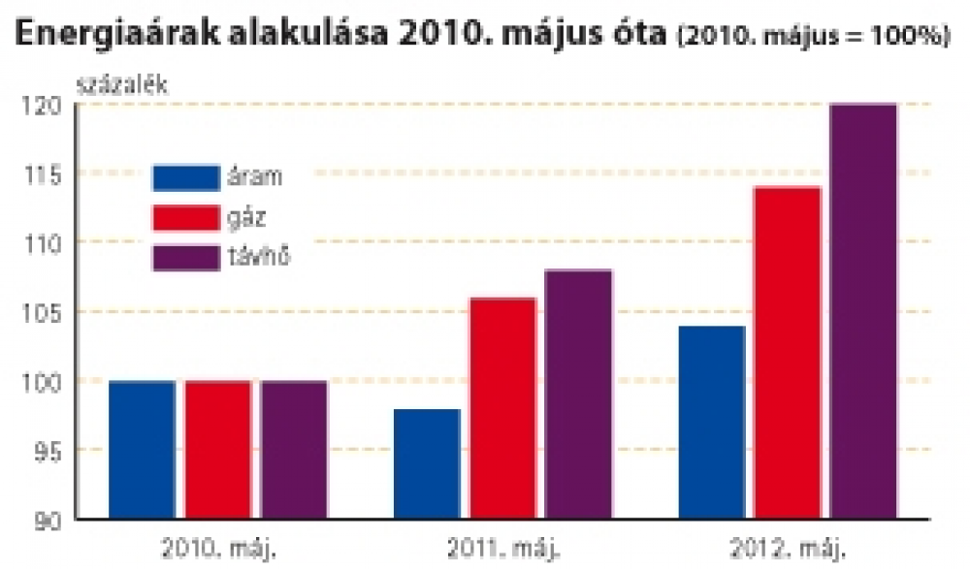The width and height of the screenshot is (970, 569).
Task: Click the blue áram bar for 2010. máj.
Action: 142,450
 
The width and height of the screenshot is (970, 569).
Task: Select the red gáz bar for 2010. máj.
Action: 218,450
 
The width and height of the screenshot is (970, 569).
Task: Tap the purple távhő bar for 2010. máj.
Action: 294,450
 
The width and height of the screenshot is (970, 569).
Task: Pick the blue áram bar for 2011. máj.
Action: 427,464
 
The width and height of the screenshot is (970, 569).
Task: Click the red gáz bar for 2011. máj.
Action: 502,408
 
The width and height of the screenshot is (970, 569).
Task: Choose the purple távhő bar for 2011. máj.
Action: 578,395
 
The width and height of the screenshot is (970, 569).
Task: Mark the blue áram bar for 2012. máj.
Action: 712,423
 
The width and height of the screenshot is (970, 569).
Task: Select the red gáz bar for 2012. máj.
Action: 788,353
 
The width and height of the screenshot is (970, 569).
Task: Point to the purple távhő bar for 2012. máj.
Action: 863,311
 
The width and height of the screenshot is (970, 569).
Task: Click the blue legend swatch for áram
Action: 184,177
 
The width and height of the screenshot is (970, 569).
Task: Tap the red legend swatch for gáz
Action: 184,218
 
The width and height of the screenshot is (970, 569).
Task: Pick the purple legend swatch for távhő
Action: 184,259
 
